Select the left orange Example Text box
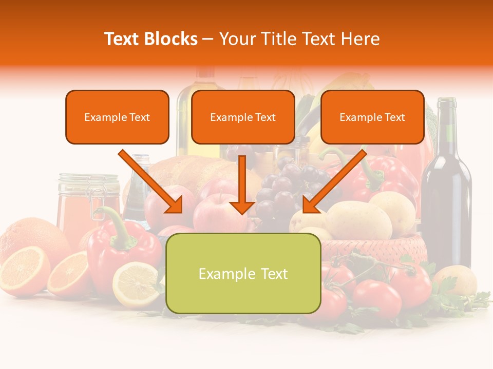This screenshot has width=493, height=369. [117, 117]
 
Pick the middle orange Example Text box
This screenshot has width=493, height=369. [243, 117]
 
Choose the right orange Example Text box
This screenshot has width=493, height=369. [372, 117]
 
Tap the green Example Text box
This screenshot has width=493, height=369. [243, 274]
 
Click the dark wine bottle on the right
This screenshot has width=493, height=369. [446, 205]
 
